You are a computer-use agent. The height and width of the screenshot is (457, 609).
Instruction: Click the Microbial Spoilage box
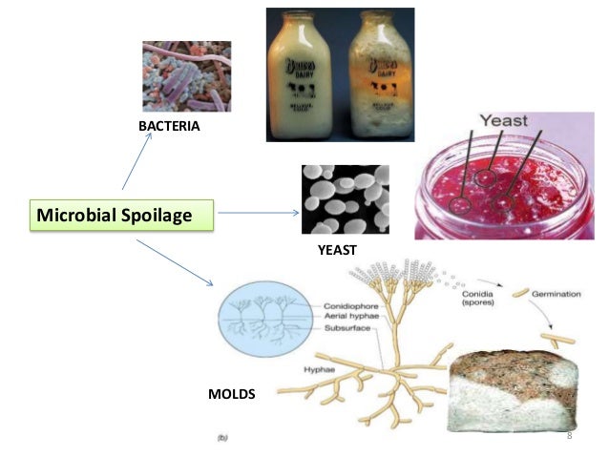[121, 216]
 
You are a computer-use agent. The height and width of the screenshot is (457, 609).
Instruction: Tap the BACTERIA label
[170, 126]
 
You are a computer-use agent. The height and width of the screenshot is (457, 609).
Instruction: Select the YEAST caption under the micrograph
[336, 250]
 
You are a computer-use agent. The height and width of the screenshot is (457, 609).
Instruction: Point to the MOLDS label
[232, 392]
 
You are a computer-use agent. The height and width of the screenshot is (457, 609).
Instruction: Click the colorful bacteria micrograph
[186, 75]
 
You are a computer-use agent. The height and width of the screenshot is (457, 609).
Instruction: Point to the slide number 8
[569, 435]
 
